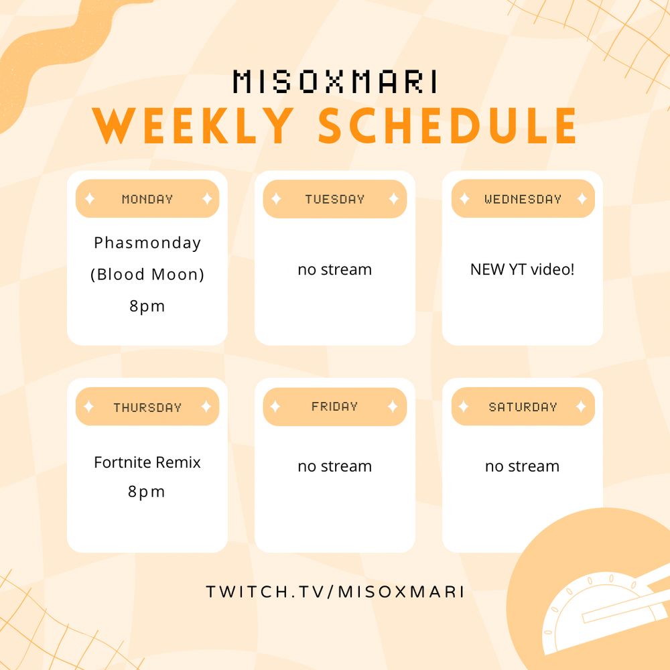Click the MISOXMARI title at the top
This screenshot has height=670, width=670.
click(336, 82)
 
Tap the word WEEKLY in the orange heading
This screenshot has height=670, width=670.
click(193, 125)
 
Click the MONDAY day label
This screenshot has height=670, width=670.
click(147, 199)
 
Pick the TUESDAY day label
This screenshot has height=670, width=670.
click(335, 199)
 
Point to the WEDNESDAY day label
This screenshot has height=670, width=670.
click(523, 199)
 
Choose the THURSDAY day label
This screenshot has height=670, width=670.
click(147, 407)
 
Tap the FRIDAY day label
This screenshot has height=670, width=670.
click(334, 407)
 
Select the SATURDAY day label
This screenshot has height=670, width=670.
click(523, 407)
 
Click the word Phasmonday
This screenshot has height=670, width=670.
click(147, 243)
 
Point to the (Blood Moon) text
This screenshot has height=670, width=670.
click(147, 274)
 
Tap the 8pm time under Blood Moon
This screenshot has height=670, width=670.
click(147, 306)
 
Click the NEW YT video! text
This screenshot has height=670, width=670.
click(522, 269)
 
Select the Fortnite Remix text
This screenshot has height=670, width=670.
click(147, 462)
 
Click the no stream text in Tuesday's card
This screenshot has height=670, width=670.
click(335, 270)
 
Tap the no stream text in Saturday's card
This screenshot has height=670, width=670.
click(522, 466)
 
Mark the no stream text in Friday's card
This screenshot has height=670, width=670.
click(335, 466)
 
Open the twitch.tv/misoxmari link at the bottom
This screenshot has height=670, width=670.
click(335, 592)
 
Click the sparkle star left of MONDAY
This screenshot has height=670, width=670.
click(90, 199)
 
